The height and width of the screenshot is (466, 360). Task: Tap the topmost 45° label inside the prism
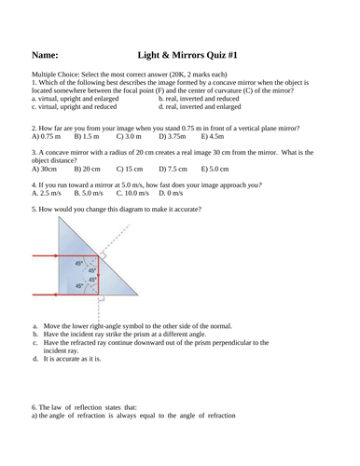pos(79,263)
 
